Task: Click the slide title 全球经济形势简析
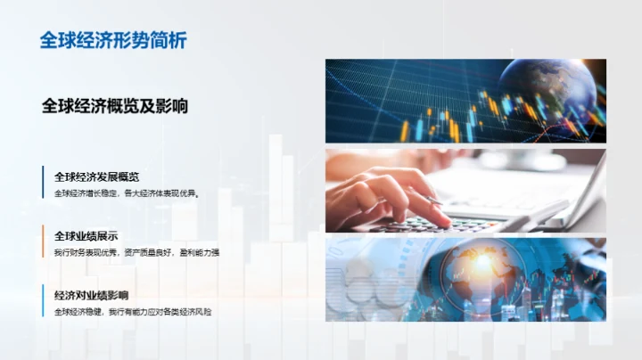(113, 40)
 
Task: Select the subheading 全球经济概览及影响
(114, 105)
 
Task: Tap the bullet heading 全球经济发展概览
(95, 176)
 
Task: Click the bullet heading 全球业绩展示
(86, 236)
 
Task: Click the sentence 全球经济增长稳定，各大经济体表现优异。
(125, 192)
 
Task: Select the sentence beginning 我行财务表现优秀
(136, 252)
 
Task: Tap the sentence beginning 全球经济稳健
(132, 311)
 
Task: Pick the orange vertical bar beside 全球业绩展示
(43, 242)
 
